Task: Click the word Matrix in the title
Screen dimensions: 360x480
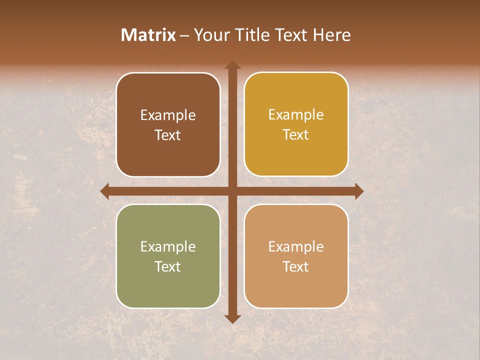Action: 148,35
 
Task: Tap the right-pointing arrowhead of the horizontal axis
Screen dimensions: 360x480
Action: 359,191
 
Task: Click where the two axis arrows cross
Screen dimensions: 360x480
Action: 232,191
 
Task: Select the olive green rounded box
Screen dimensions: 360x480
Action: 168,285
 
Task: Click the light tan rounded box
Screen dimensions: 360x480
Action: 296,285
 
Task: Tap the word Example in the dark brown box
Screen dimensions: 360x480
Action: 168,115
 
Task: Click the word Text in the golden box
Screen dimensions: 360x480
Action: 296,135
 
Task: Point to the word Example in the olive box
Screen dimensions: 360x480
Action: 168,247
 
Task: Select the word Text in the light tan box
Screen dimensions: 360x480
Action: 296,266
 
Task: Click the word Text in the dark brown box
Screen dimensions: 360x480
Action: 168,135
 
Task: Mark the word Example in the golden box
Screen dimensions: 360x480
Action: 296,115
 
